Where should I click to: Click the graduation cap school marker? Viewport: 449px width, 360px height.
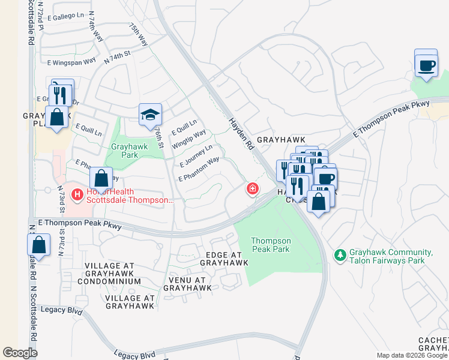coord(150,115)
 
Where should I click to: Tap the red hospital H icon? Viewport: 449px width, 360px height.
coord(76,194)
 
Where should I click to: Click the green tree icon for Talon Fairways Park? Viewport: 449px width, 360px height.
coord(340,256)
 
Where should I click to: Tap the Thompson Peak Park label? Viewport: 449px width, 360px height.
coord(271,245)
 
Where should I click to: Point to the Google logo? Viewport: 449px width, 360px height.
coord(20,353)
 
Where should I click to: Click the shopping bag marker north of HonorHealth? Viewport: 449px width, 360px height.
coord(101,178)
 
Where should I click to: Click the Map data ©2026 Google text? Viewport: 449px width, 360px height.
coord(412,355)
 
